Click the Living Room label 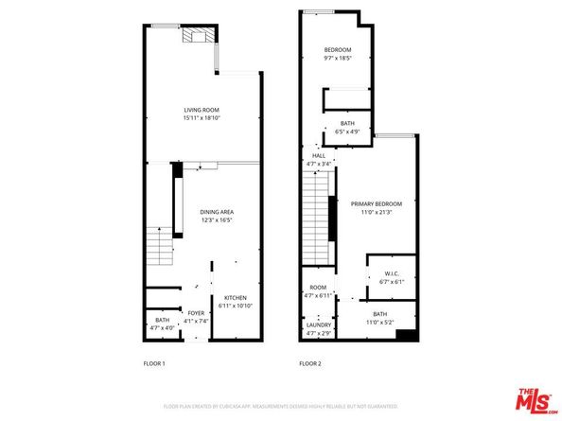pyautogui.click(x=202, y=111)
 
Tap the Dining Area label pyautogui.click(x=217, y=211)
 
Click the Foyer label pyautogui.click(x=196, y=312)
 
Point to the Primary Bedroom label pyautogui.click(x=377, y=203)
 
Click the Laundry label pyautogui.click(x=318, y=325)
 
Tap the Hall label pyautogui.click(x=319, y=155)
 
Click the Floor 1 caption pyautogui.click(x=154, y=363)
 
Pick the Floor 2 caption pyautogui.click(x=311, y=363)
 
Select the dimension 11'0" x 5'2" pyautogui.click(x=379, y=322)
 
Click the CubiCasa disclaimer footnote pyautogui.click(x=280, y=405)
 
